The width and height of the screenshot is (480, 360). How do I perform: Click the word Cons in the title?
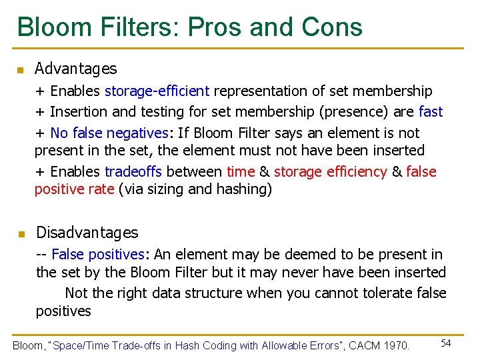point(332,27)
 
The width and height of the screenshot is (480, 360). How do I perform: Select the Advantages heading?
point(75,69)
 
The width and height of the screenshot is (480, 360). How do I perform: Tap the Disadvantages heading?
point(87,233)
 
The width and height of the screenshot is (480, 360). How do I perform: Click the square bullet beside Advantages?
point(21,70)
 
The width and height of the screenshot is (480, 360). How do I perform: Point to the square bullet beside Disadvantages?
point(21,234)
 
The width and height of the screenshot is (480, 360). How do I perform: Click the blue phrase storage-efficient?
point(157,91)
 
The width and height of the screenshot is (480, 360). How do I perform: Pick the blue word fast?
point(431,112)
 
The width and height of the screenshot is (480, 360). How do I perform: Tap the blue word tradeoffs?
point(130,172)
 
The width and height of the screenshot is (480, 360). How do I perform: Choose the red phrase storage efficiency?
point(330,172)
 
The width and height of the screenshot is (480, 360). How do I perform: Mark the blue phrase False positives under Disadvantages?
point(97,255)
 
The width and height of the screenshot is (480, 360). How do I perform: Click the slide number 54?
point(446,343)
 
